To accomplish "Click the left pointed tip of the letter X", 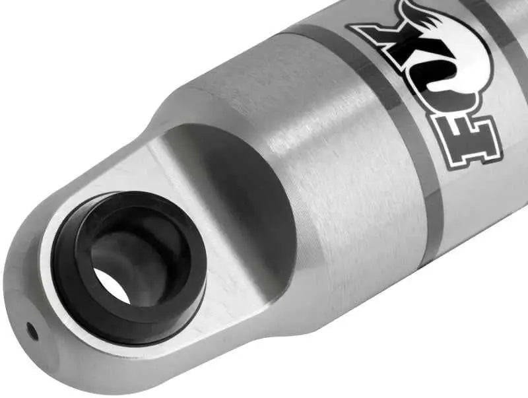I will point(356,30).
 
